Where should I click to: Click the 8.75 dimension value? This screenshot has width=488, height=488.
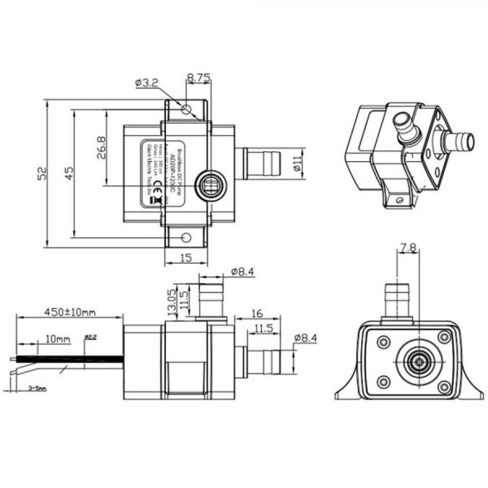click(x=198, y=78)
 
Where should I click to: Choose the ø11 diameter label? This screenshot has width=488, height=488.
click(x=298, y=163)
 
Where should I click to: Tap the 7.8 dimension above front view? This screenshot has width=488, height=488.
click(x=409, y=247)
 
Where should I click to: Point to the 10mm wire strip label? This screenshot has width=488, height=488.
click(x=58, y=338)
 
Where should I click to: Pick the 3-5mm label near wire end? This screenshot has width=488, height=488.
click(x=36, y=389)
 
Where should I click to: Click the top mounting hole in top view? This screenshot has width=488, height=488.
click(x=187, y=109)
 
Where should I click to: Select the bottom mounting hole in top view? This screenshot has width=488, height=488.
click(x=186, y=237)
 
